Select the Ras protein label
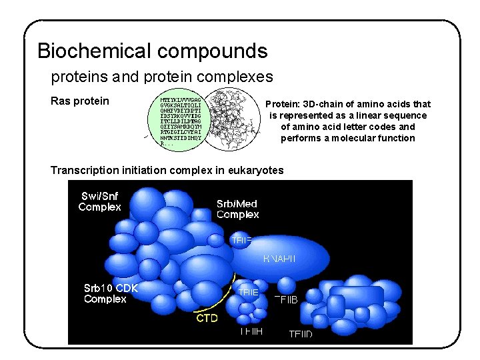point(80,101)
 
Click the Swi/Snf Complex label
point(100,201)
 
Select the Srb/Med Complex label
point(237,209)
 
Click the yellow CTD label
point(207,318)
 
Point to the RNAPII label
point(279,258)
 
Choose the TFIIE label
point(248,292)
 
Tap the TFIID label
point(301,333)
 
